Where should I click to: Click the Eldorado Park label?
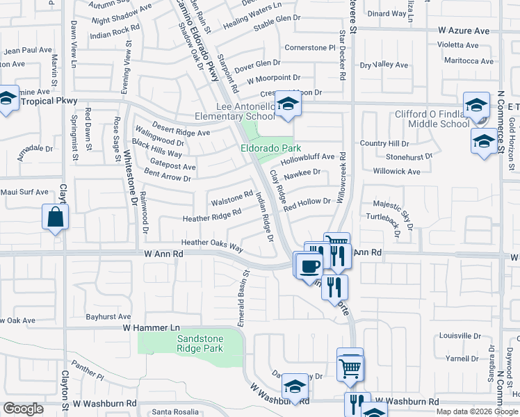coord(270,148)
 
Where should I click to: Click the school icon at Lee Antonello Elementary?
coord(286,104)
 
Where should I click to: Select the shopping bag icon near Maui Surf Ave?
coord(55,217)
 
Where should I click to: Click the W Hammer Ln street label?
coord(152,327)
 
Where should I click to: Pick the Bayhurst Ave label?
coord(108,316)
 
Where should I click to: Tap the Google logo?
coord(24,409)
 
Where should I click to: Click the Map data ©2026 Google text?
coord(476,411)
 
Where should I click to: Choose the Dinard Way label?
coord(387,13)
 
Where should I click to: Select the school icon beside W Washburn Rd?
coord(295,389)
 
